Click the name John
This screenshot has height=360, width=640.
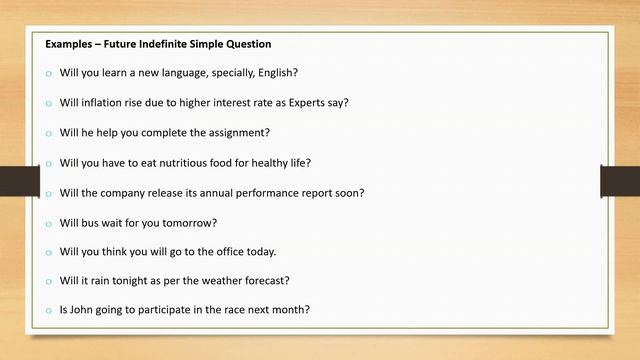point(84,310)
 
